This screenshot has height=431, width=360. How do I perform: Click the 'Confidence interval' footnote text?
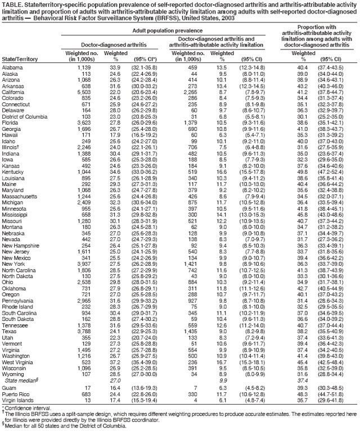[26, 394]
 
